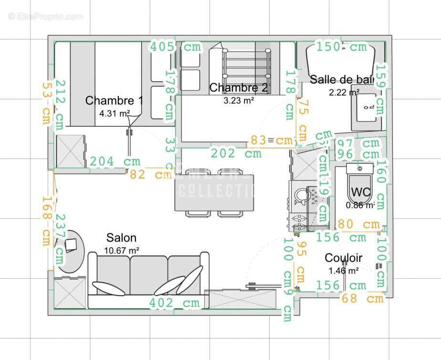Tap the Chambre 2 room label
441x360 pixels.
[239, 88]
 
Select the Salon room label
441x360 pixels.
[121, 238]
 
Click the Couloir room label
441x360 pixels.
[343, 258]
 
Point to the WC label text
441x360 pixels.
[361, 193]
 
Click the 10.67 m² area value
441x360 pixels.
[121, 250]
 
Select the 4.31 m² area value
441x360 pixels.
[115, 114]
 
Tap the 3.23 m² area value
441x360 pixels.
[239, 100]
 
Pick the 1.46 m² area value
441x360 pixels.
[343, 271]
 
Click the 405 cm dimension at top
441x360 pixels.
[176, 47]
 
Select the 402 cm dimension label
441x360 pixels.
[174, 303]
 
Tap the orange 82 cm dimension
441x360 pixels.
[151, 175]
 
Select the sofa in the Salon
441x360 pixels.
[148, 279]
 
